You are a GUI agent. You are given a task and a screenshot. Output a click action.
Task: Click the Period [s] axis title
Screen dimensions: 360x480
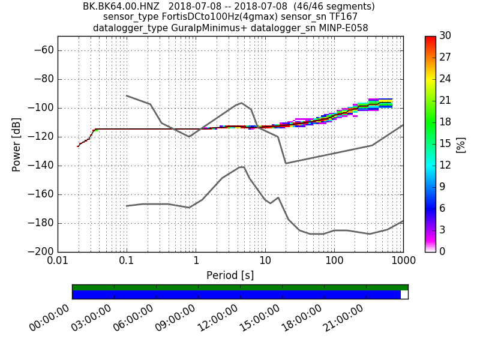click(x=230, y=275)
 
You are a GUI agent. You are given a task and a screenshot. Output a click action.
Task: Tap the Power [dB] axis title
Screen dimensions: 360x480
click(x=17, y=144)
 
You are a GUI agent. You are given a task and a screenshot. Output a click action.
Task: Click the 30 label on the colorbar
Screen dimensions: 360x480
click(x=445, y=36)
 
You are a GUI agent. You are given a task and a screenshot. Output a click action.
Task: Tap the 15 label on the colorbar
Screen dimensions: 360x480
click(x=445, y=144)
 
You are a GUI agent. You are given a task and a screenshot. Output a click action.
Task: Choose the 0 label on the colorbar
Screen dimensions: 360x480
click(x=443, y=252)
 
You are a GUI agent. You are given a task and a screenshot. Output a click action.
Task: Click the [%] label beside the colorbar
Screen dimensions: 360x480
click(x=461, y=144)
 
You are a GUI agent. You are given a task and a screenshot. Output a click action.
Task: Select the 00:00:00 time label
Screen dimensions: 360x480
click(x=55, y=318)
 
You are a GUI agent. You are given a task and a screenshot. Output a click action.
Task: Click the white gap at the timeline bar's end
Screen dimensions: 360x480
click(x=404, y=295)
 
